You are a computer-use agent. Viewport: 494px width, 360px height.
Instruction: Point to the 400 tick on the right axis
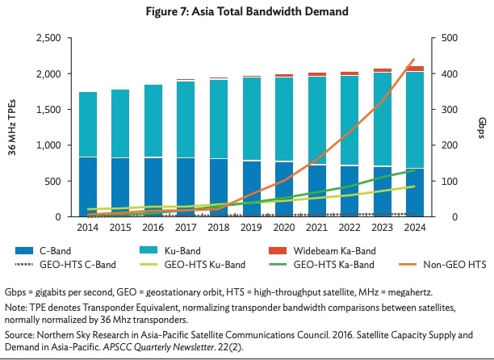coord(446,73)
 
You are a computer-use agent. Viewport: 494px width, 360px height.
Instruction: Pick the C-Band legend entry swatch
coord(25,250)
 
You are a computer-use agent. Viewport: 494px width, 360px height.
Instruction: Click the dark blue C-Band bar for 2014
coord(89,186)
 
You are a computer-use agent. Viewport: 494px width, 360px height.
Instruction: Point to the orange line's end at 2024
coord(413,60)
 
